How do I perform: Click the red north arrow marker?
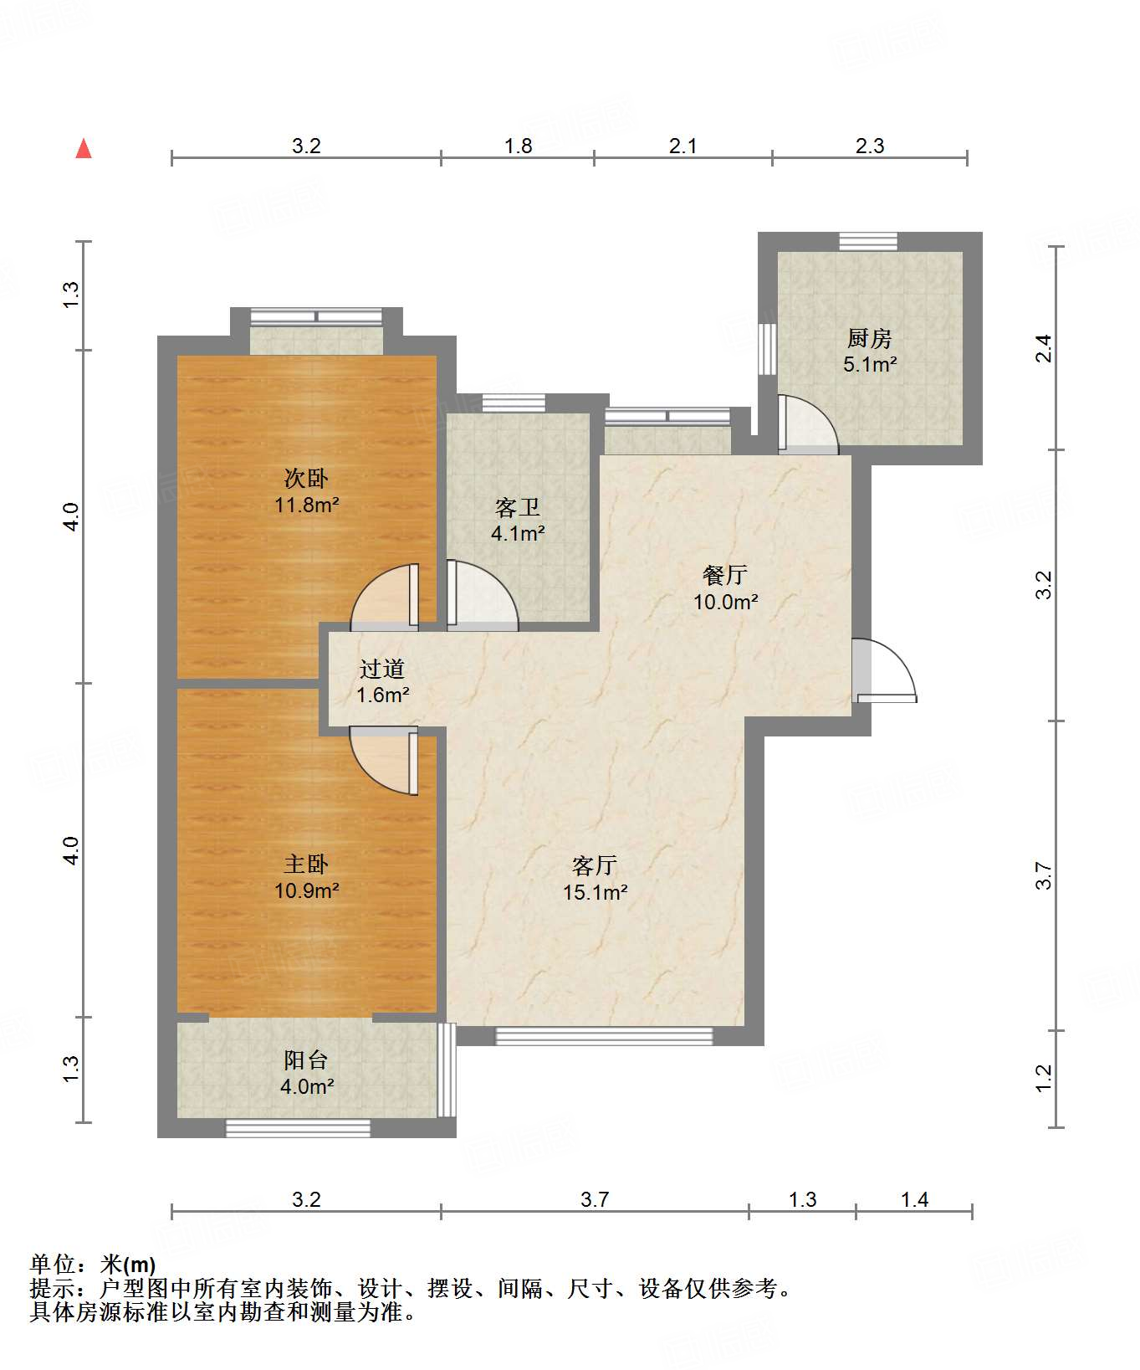pyautogui.click(x=84, y=149)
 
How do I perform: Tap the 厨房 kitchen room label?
pyautogui.click(x=869, y=339)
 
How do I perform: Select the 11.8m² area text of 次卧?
pyautogui.click(x=306, y=505)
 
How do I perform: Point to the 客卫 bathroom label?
pyautogui.click(x=518, y=507)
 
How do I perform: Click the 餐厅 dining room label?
pyautogui.click(x=725, y=575)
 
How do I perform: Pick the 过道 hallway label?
pyautogui.click(x=382, y=669)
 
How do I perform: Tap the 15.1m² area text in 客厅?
pyautogui.click(x=596, y=892)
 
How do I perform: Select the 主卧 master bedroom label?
pyautogui.click(x=306, y=864)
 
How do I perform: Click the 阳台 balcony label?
pyautogui.click(x=306, y=1060)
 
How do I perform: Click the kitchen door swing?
pyautogui.click(x=808, y=424)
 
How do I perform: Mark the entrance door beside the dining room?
pyautogui.click(x=885, y=670)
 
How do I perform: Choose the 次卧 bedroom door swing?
pyautogui.click(x=385, y=598)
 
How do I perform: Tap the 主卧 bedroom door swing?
pyautogui.click(x=384, y=761)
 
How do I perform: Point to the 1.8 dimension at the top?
pyautogui.click(x=519, y=146)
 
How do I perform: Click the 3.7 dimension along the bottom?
pyautogui.click(x=595, y=1199)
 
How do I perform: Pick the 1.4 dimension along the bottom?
pyautogui.click(x=914, y=1199)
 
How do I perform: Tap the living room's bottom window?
pyautogui.click(x=604, y=1036)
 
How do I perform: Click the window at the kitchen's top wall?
pyautogui.click(x=868, y=241)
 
